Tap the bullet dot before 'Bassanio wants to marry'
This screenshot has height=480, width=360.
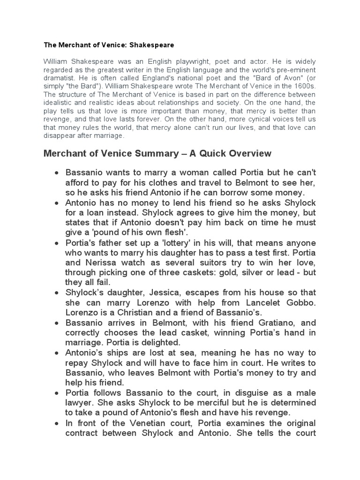pos(57,173)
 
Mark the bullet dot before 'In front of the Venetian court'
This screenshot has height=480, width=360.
pos(57,423)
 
